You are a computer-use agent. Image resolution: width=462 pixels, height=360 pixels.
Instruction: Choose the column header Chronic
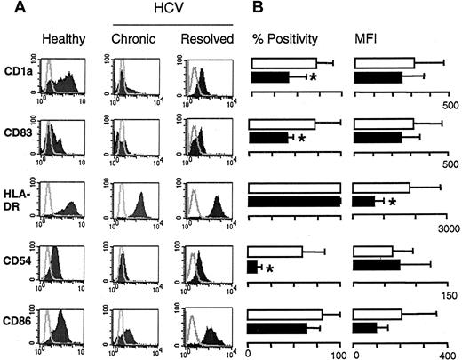(131, 40)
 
